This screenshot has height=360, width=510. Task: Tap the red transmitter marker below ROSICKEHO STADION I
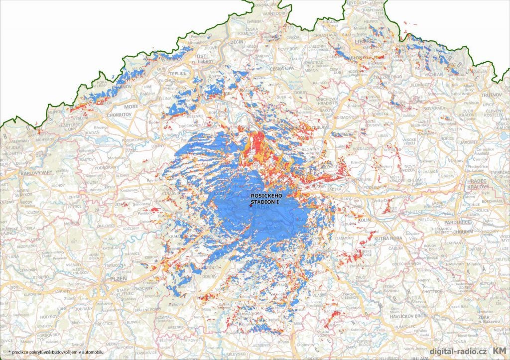click(252, 205)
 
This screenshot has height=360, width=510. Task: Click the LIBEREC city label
click(366, 42)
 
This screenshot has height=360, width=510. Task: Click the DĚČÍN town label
click(237, 43)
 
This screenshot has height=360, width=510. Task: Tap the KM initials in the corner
click(500, 351)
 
